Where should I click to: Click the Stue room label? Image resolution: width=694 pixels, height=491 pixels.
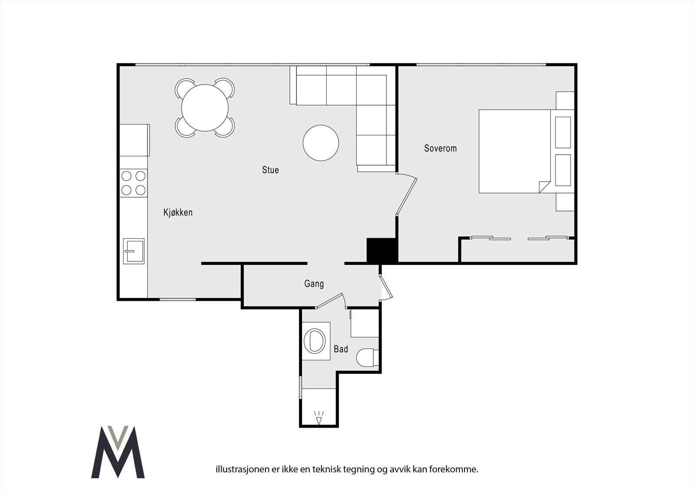click(x=271, y=170)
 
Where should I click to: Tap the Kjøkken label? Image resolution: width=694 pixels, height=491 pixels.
click(x=178, y=212)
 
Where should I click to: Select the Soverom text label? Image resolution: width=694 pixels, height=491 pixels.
click(x=440, y=148)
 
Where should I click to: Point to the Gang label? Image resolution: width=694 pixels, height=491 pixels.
click(x=314, y=284)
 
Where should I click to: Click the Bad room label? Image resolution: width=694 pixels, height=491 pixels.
click(x=341, y=349)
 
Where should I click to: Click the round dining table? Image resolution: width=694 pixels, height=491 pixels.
click(x=205, y=108)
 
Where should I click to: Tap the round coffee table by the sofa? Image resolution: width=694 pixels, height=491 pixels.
click(x=321, y=143)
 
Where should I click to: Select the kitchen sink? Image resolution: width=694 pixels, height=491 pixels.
click(x=134, y=251)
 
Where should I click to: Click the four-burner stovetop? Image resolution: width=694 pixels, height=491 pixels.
click(x=134, y=183)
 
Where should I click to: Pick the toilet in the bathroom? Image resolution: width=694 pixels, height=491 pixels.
click(x=367, y=358)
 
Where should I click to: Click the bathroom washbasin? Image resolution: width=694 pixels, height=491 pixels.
click(x=315, y=340)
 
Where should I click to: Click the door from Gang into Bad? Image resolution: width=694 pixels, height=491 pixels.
click(x=331, y=300)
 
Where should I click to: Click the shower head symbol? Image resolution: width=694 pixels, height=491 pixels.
click(x=319, y=418)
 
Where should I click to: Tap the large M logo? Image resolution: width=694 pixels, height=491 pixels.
click(x=118, y=452)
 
